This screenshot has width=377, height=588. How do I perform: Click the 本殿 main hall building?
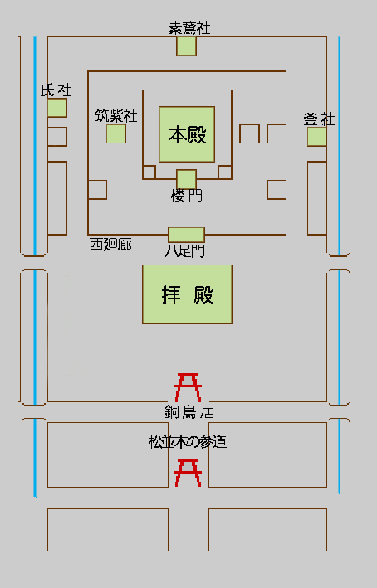(187, 134)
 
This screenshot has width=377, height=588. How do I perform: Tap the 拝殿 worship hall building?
(187, 294)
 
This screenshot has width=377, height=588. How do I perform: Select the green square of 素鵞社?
(186, 46)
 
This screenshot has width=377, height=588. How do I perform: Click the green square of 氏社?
(57, 108)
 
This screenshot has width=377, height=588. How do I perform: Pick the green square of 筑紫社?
(116, 134)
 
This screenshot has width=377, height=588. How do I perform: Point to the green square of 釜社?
(316, 137)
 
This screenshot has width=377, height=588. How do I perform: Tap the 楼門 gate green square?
(187, 179)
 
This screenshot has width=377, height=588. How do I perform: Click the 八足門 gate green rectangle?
(186, 235)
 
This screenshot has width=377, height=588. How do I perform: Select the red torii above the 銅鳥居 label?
(188, 387)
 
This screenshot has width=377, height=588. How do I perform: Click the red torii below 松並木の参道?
(188, 474)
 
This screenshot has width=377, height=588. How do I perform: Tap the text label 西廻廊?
(110, 245)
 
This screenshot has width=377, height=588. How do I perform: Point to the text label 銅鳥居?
(189, 411)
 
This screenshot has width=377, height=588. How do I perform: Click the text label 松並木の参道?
(188, 442)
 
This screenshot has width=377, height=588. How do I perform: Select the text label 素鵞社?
(188, 28)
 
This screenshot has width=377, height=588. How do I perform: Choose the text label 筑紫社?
(116, 115)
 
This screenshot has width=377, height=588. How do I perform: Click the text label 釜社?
(319, 119)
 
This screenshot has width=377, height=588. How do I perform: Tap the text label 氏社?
(56, 90)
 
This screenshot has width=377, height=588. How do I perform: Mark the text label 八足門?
(185, 250)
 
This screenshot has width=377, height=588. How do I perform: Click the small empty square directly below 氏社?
(57, 137)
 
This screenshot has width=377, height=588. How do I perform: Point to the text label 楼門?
(186, 196)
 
